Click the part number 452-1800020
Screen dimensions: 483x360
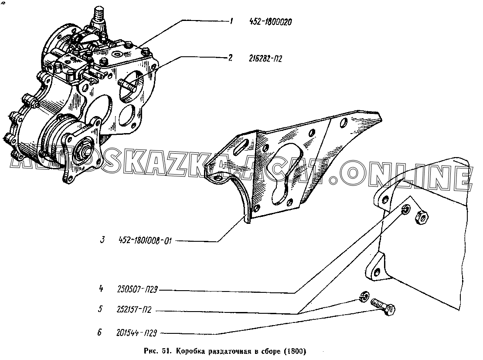point(270,22)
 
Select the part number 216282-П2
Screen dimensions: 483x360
point(265,58)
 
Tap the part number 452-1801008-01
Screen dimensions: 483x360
point(145,240)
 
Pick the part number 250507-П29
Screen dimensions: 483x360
point(137,289)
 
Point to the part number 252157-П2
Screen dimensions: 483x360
point(134,310)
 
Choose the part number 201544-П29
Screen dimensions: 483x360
point(137,333)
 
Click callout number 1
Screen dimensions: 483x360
point(231,21)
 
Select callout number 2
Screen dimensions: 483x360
point(230,58)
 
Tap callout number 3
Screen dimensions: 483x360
point(102,240)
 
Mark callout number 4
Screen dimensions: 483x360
point(101,289)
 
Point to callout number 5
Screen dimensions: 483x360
point(100,309)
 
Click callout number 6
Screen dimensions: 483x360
point(99,333)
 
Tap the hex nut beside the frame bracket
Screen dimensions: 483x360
point(422,218)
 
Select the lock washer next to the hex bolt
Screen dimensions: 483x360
point(364,296)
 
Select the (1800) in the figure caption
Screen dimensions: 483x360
point(295,351)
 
